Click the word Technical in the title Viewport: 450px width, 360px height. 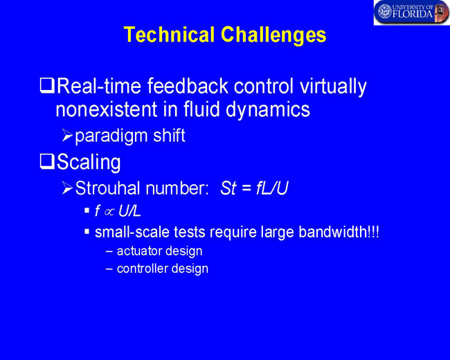[x=169, y=35]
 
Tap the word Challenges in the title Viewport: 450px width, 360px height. [x=273, y=35]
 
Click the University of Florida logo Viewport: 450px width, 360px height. [x=411, y=12]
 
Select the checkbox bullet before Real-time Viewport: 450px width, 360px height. [x=47, y=86]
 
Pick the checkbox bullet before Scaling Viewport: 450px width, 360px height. [x=47, y=161]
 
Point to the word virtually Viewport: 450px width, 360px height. [x=333, y=87]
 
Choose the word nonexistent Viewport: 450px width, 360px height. [x=107, y=109]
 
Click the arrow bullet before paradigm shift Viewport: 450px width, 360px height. [x=67, y=136]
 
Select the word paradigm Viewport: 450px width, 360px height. [x=111, y=137]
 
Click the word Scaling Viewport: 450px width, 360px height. [x=89, y=163]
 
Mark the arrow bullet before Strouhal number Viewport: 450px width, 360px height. [x=67, y=188]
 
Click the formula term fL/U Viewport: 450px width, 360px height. [x=271, y=188]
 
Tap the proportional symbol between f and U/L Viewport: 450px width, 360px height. [x=109, y=212]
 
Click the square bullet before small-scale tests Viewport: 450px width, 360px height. [x=87, y=231]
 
